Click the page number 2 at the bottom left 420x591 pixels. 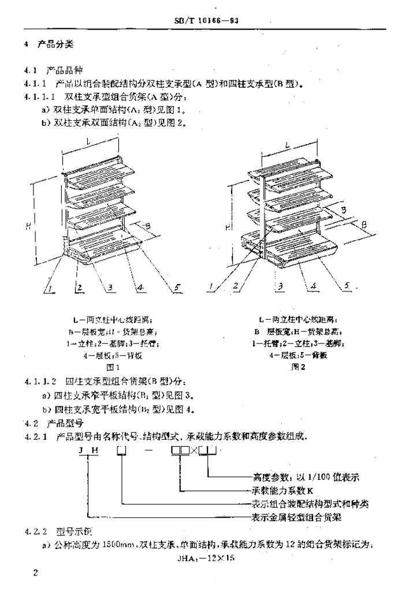(x=36, y=573)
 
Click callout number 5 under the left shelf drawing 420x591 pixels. (x=177, y=286)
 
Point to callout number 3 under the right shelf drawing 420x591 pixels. (x=279, y=286)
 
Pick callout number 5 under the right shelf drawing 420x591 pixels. (x=348, y=285)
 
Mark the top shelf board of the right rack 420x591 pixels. (x=295, y=167)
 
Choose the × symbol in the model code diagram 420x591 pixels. (x=193, y=450)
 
